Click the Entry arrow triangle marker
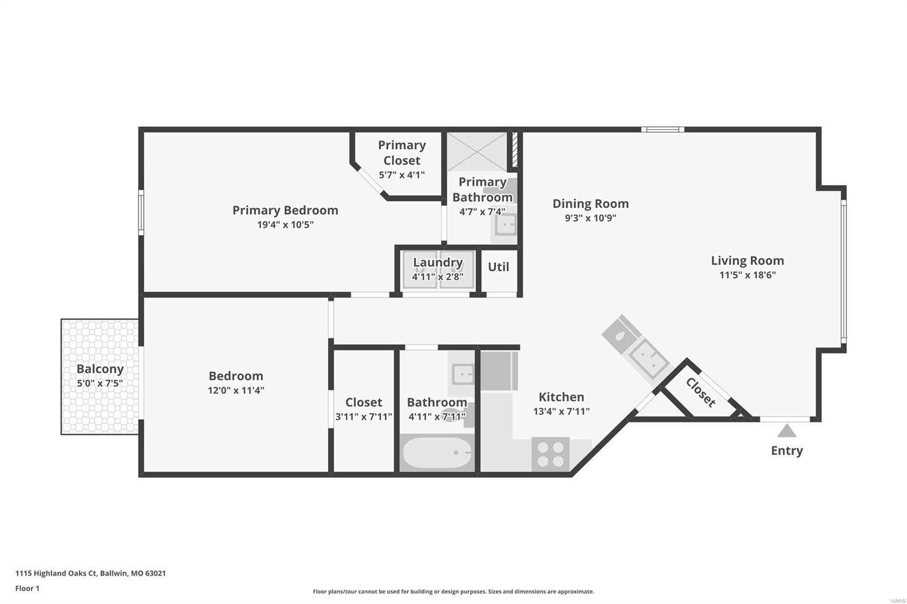click(786, 431)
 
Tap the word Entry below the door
click(787, 451)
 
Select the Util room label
click(498, 267)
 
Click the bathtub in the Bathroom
click(437, 453)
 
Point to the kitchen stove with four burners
click(550, 454)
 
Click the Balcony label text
click(100, 369)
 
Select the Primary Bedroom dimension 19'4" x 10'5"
click(286, 225)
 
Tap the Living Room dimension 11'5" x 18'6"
click(748, 275)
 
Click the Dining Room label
click(590, 203)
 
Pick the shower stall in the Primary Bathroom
click(477, 151)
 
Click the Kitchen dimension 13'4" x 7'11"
click(561, 411)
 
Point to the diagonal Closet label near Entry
click(701, 392)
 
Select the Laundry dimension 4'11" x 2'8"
click(438, 277)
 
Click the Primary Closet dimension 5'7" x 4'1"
click(402, 175)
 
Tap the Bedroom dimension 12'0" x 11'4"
click(236, 390)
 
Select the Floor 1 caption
click(27, 588)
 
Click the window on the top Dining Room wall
click(663, 130)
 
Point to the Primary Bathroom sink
click(505, 224)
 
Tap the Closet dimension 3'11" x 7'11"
click(363, 416)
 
